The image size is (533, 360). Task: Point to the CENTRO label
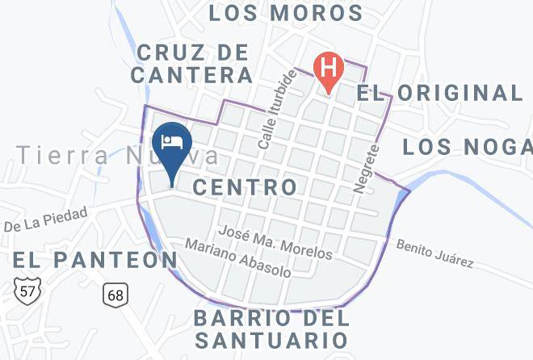point(246,187)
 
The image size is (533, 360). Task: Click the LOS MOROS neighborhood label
point(286,13)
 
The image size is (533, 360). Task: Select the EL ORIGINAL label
point(440,92)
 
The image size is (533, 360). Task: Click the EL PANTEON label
point(94,259)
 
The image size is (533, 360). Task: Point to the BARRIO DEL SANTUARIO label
point(271,327)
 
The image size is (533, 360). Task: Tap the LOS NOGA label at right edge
point(467,146)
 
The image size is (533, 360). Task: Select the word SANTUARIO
point(271,339)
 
